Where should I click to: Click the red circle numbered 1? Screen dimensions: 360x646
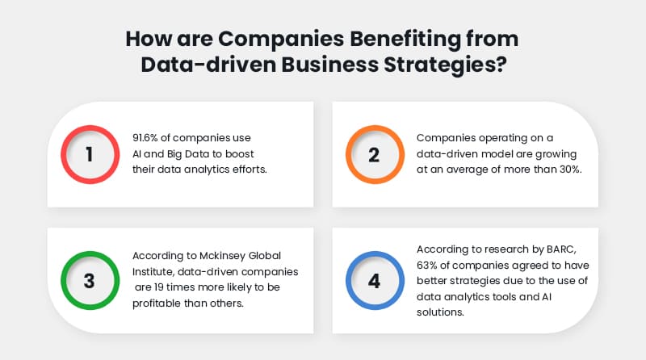click(x=90, y=153)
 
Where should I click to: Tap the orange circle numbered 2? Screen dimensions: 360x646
click(x=374, y=153)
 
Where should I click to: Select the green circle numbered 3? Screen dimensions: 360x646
click(x=90, y=280)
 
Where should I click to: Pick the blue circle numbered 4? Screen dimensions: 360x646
click(x=374, y=280)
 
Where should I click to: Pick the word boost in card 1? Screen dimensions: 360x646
click(x=263, y=153)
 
